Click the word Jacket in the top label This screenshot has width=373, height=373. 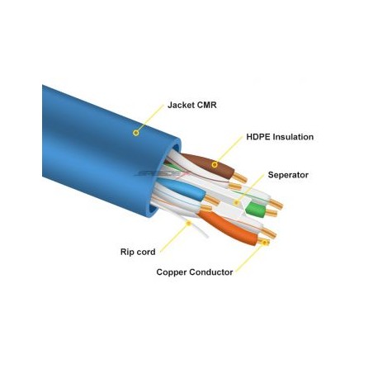click(x=181, y=105)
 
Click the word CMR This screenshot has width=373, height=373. click(x=206, y=105)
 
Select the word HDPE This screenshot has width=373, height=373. click(x=257, y=137)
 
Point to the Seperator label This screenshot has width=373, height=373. click(x=288, y=175)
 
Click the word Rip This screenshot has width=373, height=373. click(x=127, y=252)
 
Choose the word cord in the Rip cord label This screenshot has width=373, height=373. click(x=146, y=252)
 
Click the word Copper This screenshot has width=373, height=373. click(x=172, y=272)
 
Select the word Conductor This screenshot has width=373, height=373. click(x=211, y=272)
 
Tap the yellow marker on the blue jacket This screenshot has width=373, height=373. click(x=135, y=133)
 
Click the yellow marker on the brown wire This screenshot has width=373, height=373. click(x=215, y=165)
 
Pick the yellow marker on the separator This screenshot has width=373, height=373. click(x=236, y=203)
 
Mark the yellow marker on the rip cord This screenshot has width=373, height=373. click(x=188, y=224)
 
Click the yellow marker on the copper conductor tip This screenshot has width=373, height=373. click(x=265, y=243)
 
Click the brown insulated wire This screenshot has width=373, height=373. click(x=208, y=164)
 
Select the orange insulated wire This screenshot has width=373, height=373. click(x=229, y=227)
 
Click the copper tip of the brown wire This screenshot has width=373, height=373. click(x=240, y=177)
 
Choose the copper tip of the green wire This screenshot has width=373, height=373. click(x=271, y=213)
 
